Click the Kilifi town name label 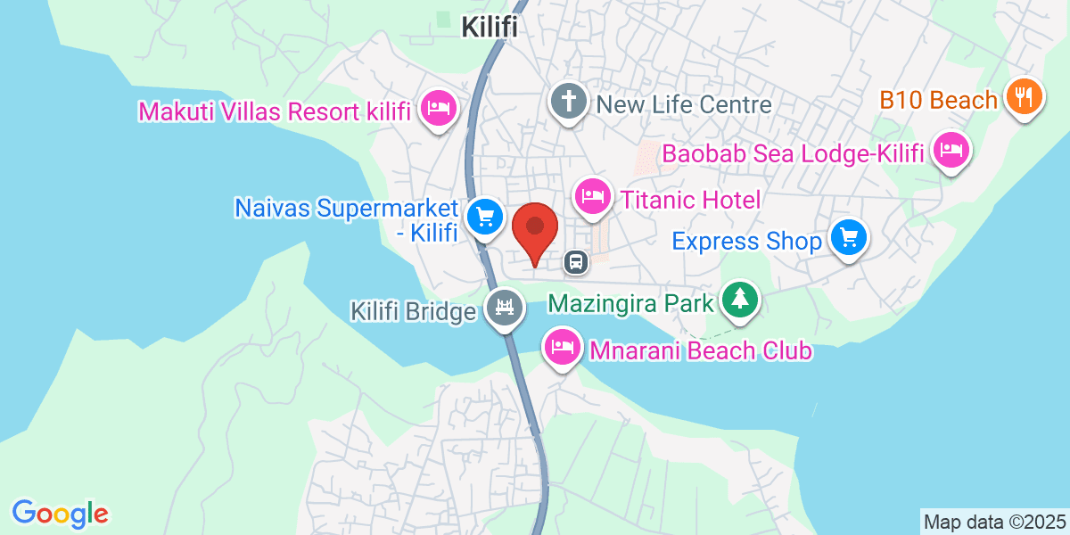coord(490,28)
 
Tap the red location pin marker coord(535,229)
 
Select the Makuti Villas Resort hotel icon coord(439,109)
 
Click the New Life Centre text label coord(684,104)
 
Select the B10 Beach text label coord(939,100)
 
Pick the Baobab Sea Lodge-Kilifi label coord(792,154)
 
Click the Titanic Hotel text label coord(690,200)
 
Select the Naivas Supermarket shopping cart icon coord(485,216)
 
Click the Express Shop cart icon coord(849,237)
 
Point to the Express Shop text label coord(746,242)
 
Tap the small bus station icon coord(576,261)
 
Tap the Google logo coord(61,514)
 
